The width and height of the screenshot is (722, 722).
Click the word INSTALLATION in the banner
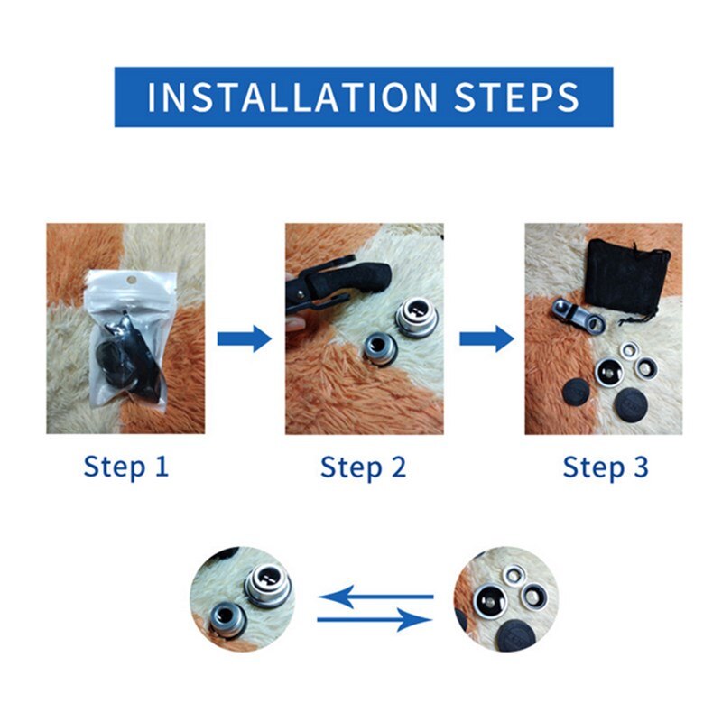coord(292,97)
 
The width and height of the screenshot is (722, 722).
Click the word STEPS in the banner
coord(516,97)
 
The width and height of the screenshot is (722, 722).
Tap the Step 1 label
coord(126,467)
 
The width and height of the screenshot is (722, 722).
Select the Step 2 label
coord(364,467)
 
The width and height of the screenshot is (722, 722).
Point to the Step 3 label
coord(606,467)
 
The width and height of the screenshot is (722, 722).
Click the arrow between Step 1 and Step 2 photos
coord(245,339)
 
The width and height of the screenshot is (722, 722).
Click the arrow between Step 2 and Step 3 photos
coord(486,339)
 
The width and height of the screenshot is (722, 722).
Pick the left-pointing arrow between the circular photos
coord(376,597)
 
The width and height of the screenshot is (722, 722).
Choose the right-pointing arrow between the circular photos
coord(375,619)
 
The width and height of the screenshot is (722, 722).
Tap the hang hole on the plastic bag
coord(132,279)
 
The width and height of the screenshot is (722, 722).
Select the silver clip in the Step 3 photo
coord(578,317)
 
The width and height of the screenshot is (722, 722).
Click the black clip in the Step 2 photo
coord(334,285)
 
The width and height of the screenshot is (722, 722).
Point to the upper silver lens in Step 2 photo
coord(417,318)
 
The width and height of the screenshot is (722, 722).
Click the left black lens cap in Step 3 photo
coord(576,392)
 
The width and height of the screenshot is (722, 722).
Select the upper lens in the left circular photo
coord(268,584)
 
